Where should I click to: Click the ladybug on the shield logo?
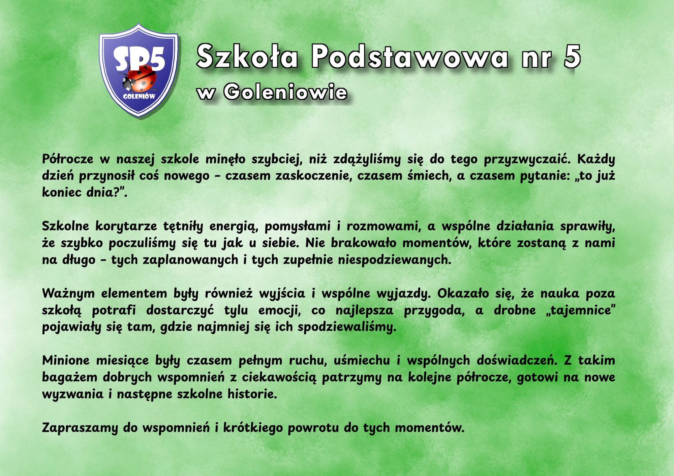pos(138,79)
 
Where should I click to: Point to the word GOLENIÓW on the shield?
pos(139,96)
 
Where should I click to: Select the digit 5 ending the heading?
pos(572,56)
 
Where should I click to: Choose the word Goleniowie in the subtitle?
pos(285,92)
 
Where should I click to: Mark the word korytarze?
pos(126,227)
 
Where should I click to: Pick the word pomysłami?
pos(298,227)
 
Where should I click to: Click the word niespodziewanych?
pos(395,260)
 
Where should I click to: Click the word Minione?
pos(66,361)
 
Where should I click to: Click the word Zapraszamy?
pos(80,428)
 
